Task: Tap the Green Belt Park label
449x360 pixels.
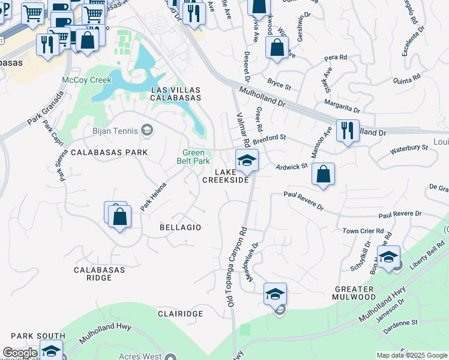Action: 193,157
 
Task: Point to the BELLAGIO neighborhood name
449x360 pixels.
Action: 181,227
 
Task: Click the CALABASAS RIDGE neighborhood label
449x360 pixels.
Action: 100,274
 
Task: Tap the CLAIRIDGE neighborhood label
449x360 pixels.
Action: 178,313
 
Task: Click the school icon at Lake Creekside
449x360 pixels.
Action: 246,160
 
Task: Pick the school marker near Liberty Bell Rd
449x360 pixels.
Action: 388,256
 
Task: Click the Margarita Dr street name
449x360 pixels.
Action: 342,106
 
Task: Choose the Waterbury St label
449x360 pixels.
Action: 409,147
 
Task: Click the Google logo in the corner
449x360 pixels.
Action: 20,353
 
